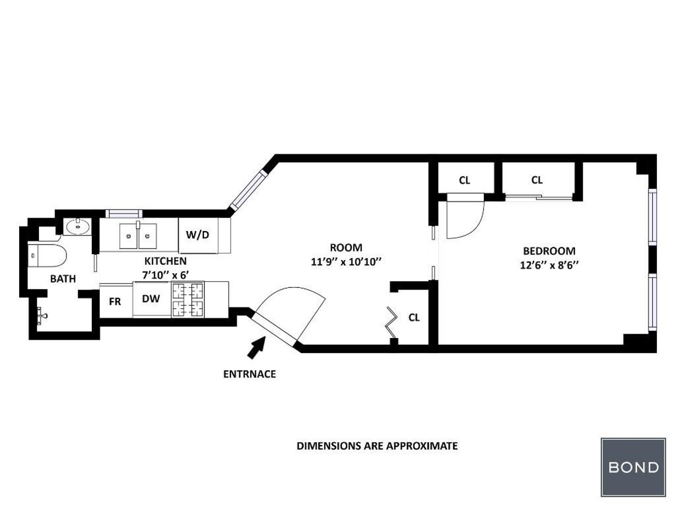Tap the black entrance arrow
pos(257,346)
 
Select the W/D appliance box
pos(197,235)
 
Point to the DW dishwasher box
pos(150,300)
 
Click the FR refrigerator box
pos(115,301)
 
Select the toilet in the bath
pos(47,256)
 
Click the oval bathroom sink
pos(78,227)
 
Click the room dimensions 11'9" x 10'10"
pos(346,261)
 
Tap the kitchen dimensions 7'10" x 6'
pos(165,275)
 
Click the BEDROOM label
pos(549,251)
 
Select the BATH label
pos(63,278)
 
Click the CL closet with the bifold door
pos(413,317)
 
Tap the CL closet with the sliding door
pos(537,180)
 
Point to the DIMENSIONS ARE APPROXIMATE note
pos(377,446)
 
